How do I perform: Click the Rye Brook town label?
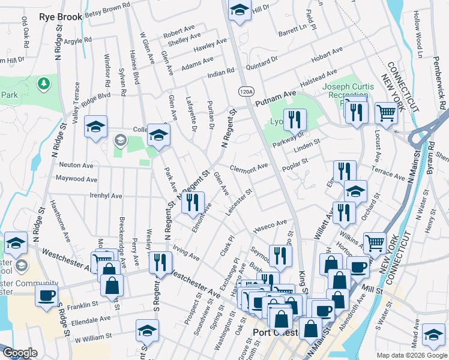[60, 17]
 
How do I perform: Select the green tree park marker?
[43, 83]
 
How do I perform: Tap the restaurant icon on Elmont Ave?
[193, 202]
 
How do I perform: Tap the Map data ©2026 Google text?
[411, 355]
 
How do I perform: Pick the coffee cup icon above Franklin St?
[46, 295]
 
